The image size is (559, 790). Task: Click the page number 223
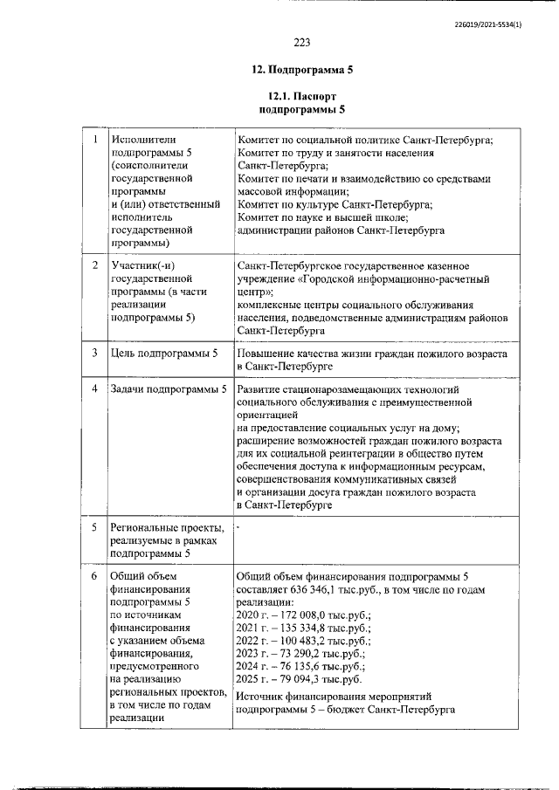coord(302,42)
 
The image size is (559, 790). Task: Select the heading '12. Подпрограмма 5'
coord(302,70)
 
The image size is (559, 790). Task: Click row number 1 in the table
coord(94,139)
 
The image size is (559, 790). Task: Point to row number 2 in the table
coord(94,264)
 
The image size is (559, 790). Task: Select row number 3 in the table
coord(94,353)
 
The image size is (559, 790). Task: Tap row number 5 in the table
coord(94,527)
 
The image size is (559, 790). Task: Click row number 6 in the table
coord(94,576)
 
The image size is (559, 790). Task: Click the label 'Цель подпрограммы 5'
coord(164,353)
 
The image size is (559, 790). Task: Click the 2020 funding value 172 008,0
coord(302,616)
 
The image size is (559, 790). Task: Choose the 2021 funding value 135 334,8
coord(302,629)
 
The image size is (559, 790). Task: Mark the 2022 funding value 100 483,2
coord(302,642)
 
